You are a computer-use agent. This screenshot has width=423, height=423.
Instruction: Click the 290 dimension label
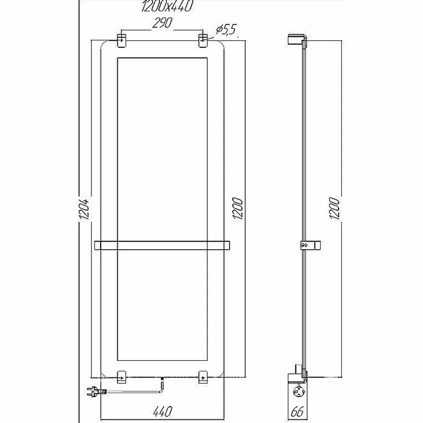coord(162,23)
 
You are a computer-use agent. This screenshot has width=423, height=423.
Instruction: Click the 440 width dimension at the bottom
coord(163,412)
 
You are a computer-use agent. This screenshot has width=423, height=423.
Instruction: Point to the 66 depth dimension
coord(297,412)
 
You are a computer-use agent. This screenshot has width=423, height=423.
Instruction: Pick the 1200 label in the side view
coord(334,208)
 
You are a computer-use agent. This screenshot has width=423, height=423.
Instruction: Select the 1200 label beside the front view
coord(238,208)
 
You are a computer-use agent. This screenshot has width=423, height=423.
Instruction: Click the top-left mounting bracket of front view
coord(121,41)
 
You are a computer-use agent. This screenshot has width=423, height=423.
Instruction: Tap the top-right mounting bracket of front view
coord(203,41)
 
